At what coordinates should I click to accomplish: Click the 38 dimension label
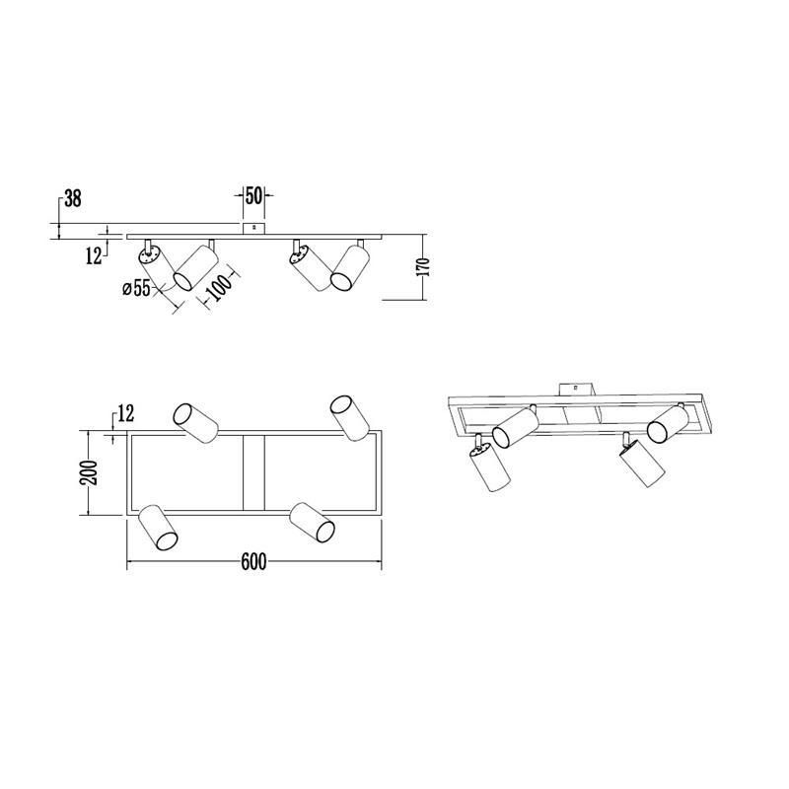[x=73, y=198]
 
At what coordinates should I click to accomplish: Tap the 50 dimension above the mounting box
[x=254, y=195]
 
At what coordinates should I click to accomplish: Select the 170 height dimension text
[x=424, y=266]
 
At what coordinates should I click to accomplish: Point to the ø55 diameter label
[x=137, y=288]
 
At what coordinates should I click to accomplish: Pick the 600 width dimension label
[x=253, y=561]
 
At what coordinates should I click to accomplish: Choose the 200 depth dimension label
[x=89, y=472]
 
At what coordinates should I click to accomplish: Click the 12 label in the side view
[x=94, y=256]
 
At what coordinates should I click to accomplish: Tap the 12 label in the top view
[x=126, y=413]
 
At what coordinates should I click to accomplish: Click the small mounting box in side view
[x=254, y=228]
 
